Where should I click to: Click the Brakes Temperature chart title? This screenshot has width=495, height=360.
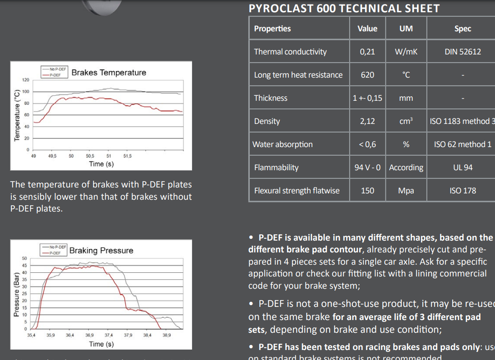[109, 73]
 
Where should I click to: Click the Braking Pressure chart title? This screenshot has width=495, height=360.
[101, 251]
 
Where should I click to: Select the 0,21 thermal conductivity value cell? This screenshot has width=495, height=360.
[367, 52]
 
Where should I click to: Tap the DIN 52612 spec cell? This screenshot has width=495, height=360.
[462, 52]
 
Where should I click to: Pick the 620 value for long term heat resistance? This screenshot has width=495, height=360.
[367, 75]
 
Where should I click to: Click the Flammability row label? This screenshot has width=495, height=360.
[276, 168]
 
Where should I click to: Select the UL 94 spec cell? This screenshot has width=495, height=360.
[462, 168]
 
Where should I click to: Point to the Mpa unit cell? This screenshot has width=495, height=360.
[406, 191]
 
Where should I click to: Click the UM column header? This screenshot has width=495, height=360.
[406, 29]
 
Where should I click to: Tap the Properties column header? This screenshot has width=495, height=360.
[272, 29]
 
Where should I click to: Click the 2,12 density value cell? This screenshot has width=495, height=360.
[367, 121]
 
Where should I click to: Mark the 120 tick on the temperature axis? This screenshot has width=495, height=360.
[26, 80]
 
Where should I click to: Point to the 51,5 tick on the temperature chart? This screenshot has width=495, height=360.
[127, 156]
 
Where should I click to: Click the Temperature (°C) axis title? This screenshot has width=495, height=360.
[17, 115]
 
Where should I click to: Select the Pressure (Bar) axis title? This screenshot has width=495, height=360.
[16, 294]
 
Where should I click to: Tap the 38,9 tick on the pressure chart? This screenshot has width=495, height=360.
[167, 335]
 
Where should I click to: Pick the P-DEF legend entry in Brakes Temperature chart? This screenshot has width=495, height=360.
[55, 74]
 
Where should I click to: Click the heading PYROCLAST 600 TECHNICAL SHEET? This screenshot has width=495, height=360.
[344, 8]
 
